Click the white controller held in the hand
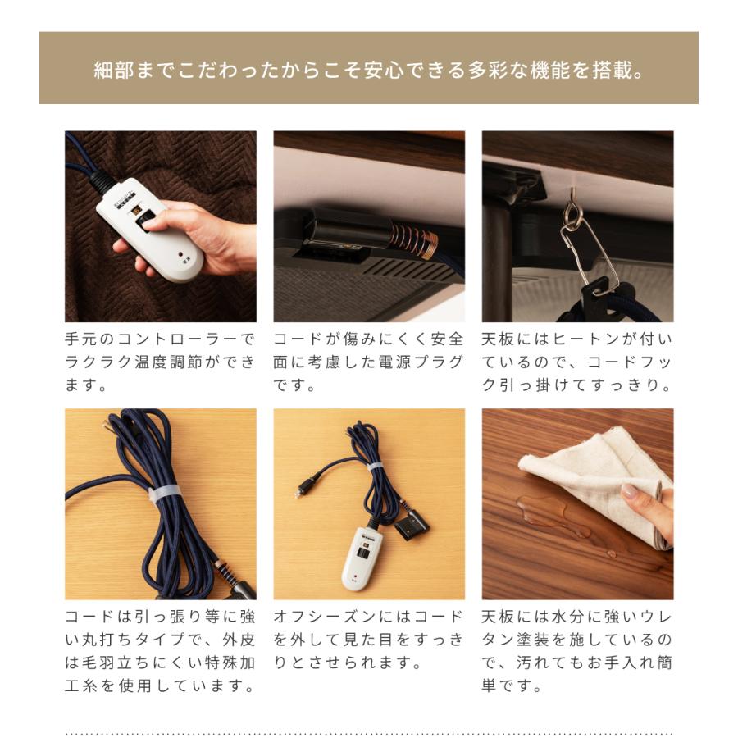coord(152,238)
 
